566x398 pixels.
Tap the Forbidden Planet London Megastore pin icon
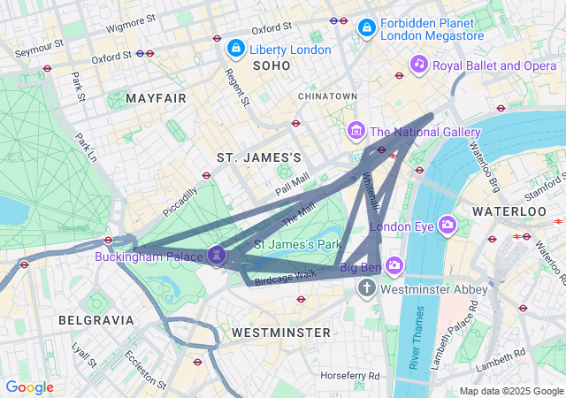coord(365,28)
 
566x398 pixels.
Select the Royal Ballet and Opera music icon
coord(419,64)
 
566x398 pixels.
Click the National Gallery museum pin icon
coord(356,131)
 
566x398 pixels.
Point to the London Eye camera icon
coord(447,225)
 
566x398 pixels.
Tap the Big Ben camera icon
coord(394,265)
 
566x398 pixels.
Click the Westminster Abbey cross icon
coord(367,288)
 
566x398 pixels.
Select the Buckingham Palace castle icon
coord(218,256)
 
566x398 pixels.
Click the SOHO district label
coord(271,66)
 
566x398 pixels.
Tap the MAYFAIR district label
coord(157,98)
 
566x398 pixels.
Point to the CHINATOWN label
coord(327,96)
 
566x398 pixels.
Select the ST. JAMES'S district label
coord(259,157)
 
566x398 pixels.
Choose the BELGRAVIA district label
coord(96,319)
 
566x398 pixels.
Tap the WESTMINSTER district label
coord(280,333)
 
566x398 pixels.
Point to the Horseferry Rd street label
coord(349,376)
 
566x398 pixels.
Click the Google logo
coord(29,387)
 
